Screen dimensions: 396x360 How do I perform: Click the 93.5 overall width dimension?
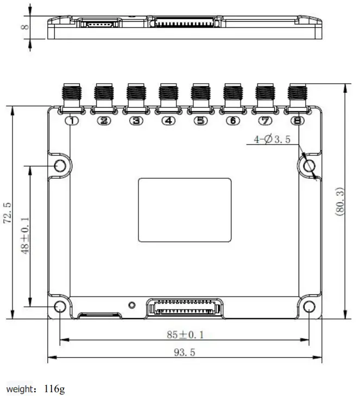[185, 353]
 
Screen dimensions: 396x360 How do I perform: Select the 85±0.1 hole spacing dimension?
[185, 335]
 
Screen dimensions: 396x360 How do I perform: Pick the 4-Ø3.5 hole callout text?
[272, 140]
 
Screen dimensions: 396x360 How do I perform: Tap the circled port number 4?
[169, 121]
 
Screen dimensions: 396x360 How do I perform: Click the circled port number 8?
[297, 121]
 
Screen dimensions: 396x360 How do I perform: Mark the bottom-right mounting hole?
[309, 307]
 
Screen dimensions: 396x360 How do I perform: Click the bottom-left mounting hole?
[60, 307]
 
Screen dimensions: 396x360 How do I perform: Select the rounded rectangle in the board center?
[185, 210]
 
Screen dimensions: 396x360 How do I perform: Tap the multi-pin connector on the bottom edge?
[185, 307]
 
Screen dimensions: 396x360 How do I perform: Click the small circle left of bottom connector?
[131, 305]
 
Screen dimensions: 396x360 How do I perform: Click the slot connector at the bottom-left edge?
[99, 315]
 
